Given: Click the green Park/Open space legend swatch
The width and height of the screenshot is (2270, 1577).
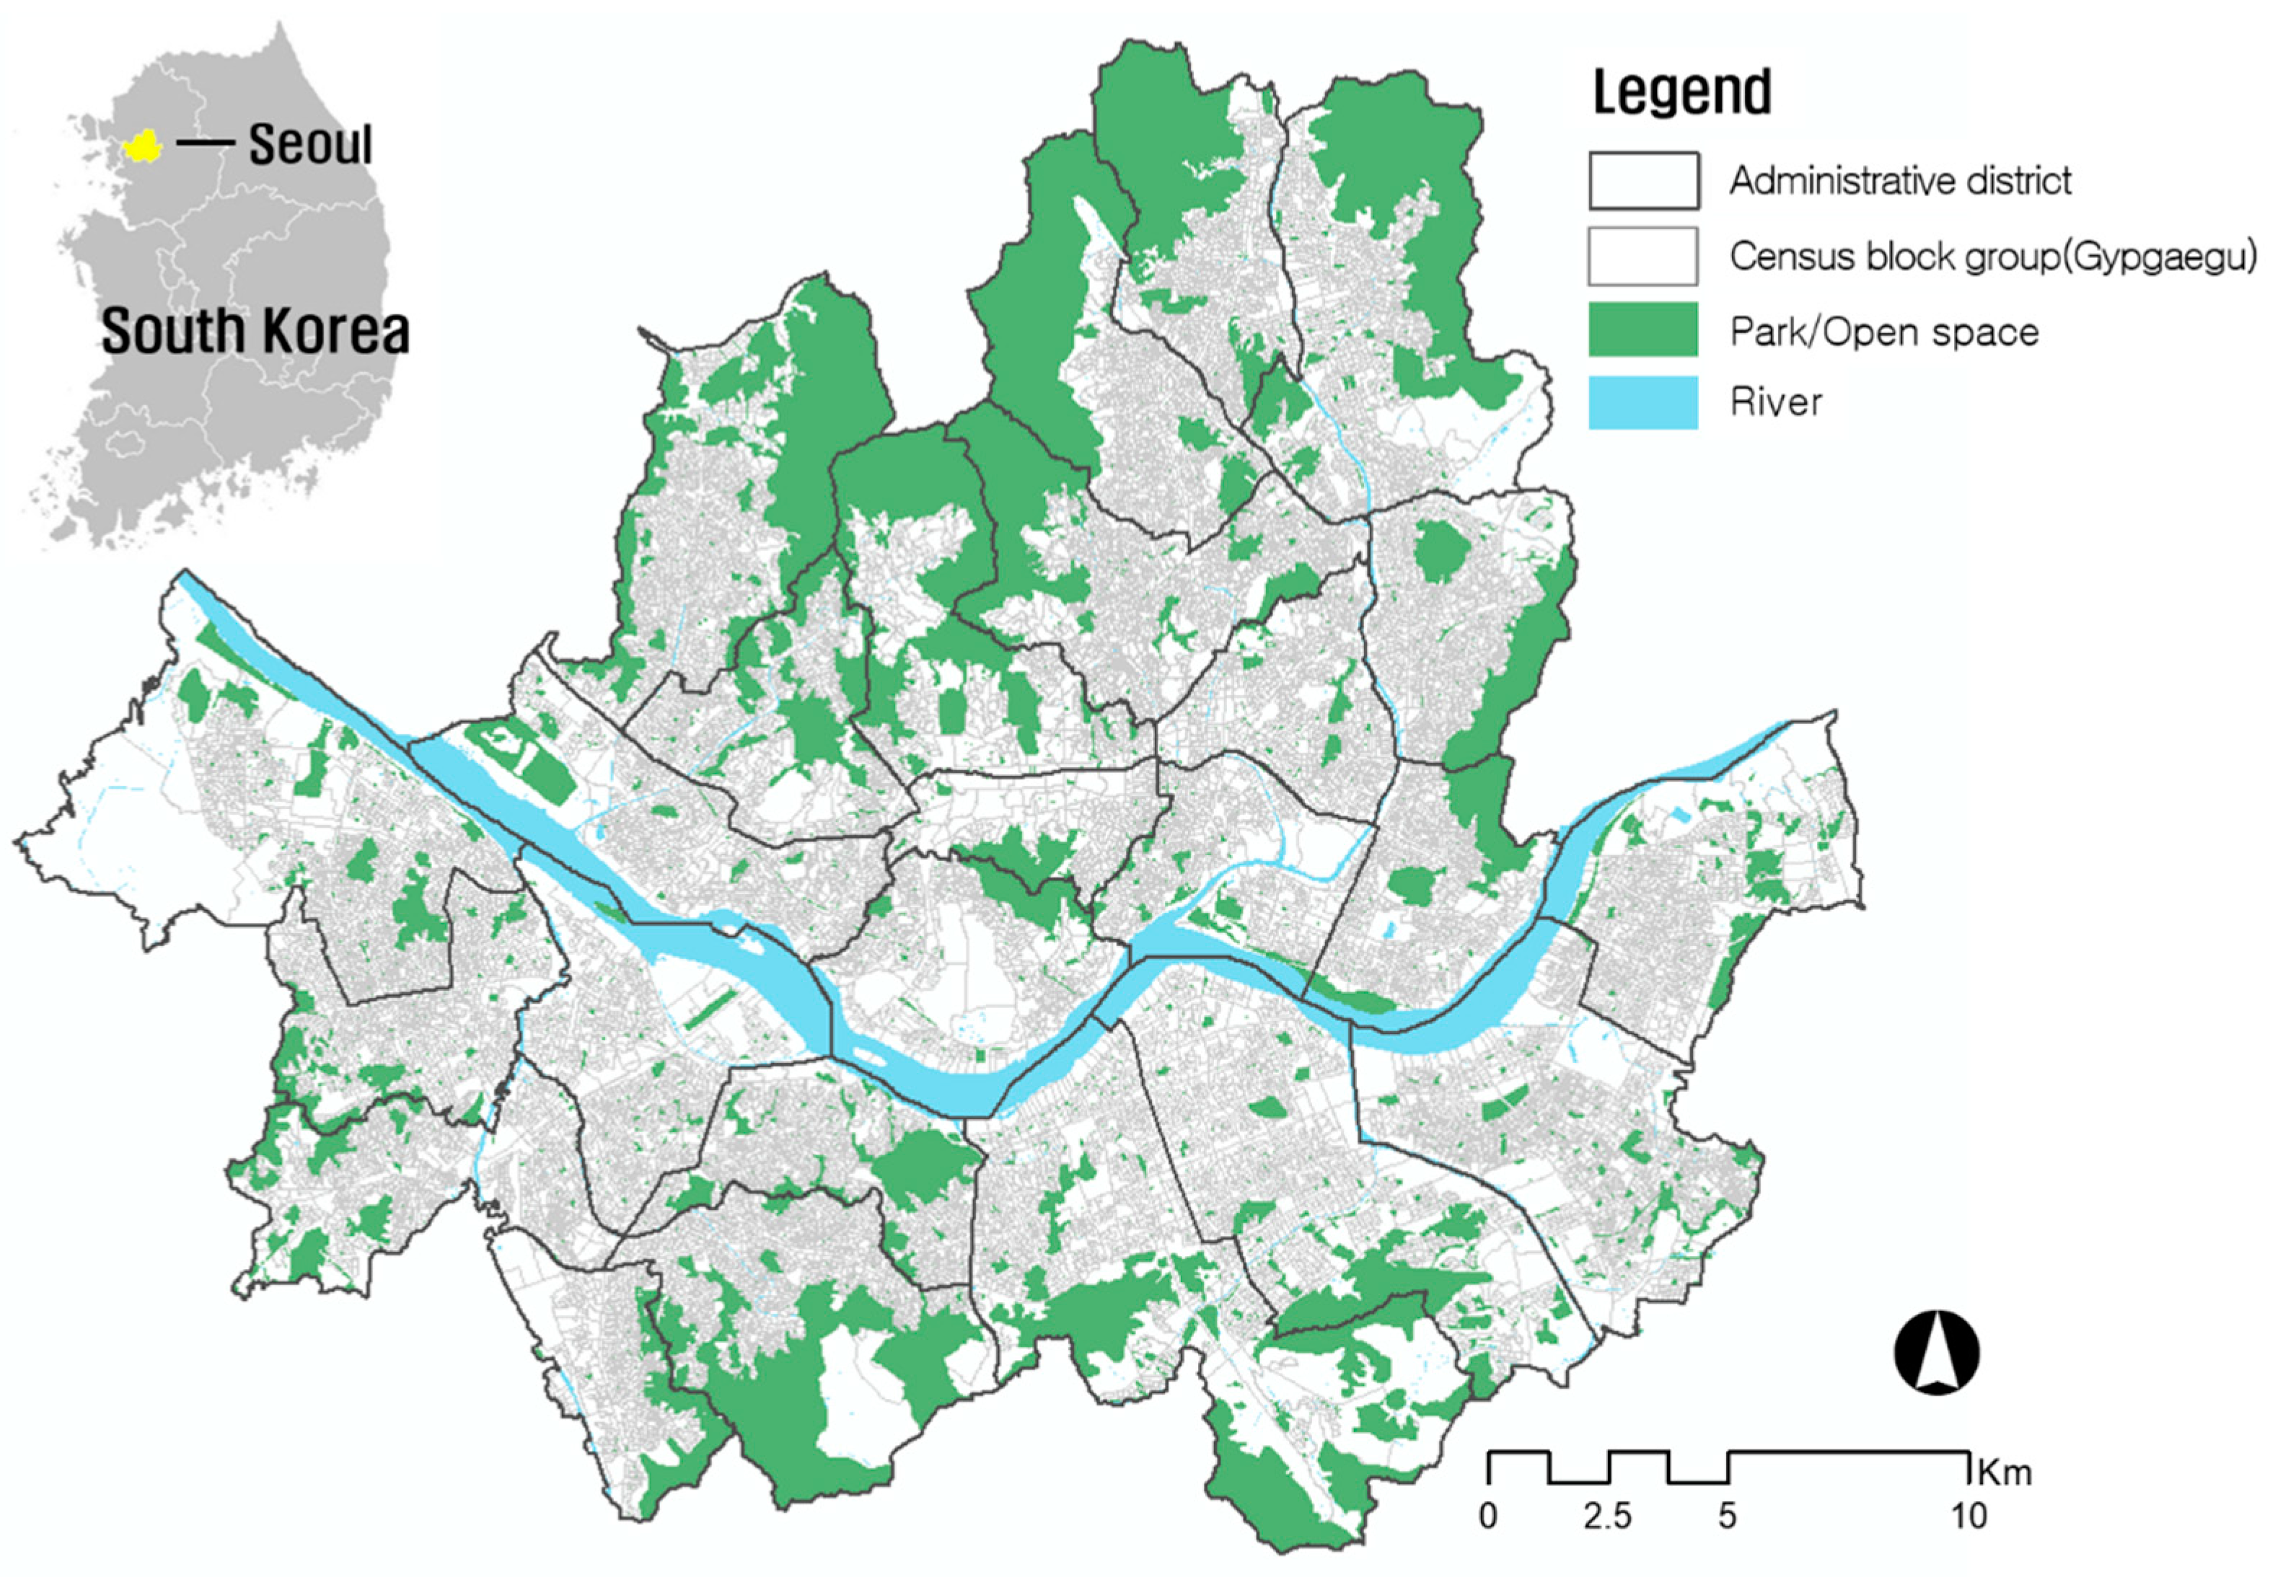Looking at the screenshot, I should [1642, 329].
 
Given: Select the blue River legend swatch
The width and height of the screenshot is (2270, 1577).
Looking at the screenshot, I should [1642, 402].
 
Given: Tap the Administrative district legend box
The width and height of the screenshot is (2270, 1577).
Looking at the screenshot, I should [1643, 180].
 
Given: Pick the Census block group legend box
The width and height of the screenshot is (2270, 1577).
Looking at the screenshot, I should [1642, 256].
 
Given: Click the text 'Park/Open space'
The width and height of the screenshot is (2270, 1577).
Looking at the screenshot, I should [1883, 332].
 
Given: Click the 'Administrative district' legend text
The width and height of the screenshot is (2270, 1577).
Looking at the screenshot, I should [1899, 180].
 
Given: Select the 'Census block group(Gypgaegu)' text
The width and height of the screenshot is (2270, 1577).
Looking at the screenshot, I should [1992, 256].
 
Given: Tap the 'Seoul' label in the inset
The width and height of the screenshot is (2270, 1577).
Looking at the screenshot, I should [310, 144].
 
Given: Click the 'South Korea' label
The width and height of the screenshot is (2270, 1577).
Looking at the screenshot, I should [255, 330].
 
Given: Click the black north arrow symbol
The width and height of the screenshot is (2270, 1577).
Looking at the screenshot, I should [1936, 1353].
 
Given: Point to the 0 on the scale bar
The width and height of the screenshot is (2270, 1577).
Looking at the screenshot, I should [1488, 1515].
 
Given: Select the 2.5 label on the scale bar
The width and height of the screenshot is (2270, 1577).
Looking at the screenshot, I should [1607, 1515].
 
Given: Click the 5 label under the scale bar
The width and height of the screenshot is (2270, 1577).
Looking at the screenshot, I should [1726, 1515].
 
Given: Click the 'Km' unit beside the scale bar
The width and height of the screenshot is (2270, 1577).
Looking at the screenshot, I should [2003, 1472].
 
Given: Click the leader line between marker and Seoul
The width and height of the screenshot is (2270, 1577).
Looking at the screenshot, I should [205, 144].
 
